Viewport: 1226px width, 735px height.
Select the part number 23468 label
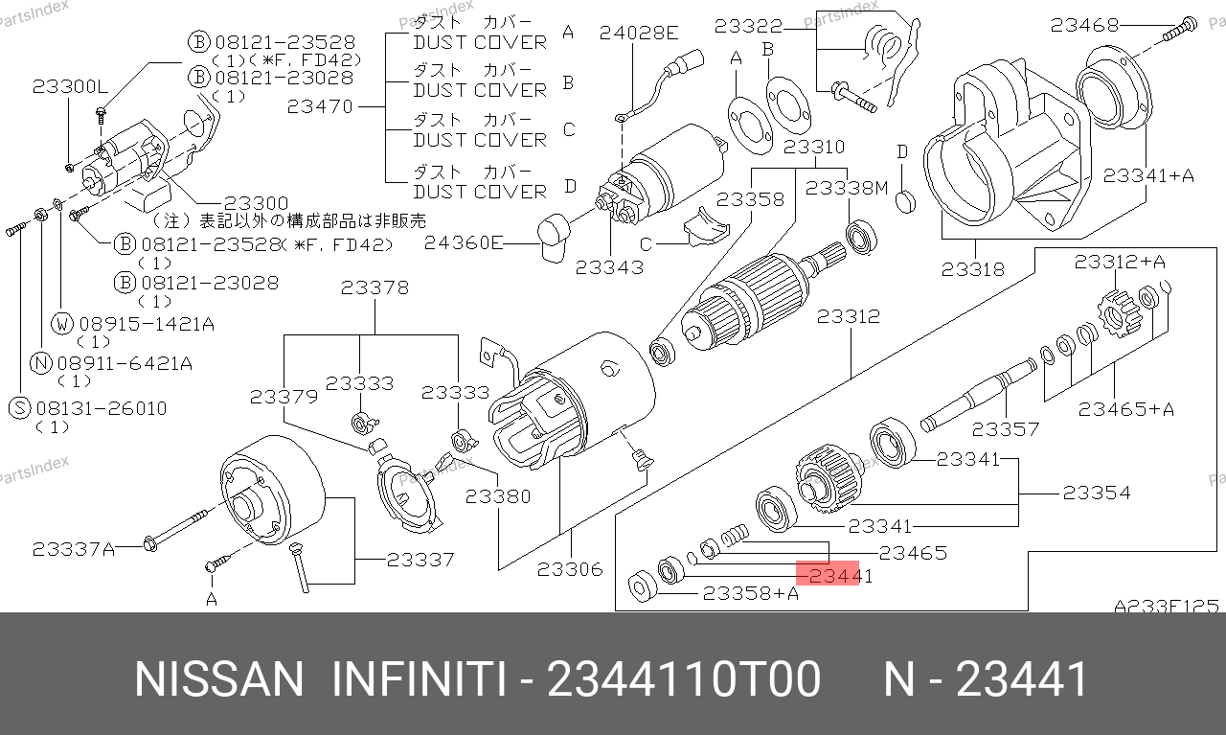click(1085, 25)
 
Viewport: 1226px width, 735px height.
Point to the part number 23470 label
click(320, 106)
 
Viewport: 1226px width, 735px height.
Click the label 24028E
click(639, 33)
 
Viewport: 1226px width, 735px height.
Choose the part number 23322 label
click(748, 26)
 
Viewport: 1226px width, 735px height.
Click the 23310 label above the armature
click(814, 147)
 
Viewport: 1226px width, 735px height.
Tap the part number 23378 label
click(375, 287)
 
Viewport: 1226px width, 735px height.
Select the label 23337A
click(74, 549)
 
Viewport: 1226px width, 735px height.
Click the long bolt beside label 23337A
click(175, 530)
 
